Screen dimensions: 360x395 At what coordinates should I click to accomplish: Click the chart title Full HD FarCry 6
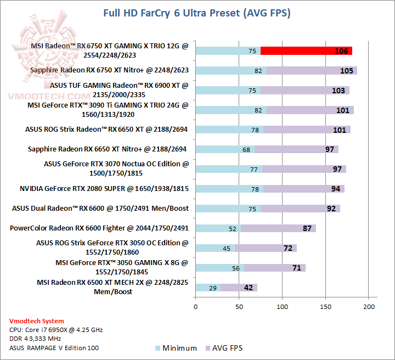tap(197, 13)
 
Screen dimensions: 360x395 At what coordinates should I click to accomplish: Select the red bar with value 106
tap(306, 51)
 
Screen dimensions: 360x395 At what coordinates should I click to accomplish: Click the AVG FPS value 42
tap(248, 288)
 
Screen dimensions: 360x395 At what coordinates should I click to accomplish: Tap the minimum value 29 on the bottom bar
tap(212, 288)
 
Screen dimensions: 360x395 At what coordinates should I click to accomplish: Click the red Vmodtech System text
tap(37, 321)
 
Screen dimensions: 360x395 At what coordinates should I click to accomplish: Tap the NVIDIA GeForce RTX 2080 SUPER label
tap(104, 189)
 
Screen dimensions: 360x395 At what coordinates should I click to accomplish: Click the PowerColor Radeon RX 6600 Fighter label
tap(99, 228)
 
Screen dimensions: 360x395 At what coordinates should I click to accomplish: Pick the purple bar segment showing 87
tap(278, 228)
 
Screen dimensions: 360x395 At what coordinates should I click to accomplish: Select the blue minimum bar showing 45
tap(215, 248)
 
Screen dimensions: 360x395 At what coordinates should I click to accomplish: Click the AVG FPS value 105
tap(346, 71)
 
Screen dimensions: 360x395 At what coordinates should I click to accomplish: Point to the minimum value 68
tap(246, 149)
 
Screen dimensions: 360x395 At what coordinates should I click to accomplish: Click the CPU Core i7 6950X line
tap(56, 330)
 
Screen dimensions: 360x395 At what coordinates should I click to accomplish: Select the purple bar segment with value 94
tap(303, 189)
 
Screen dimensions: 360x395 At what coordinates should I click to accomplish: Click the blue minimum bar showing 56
tap(219, 268)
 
